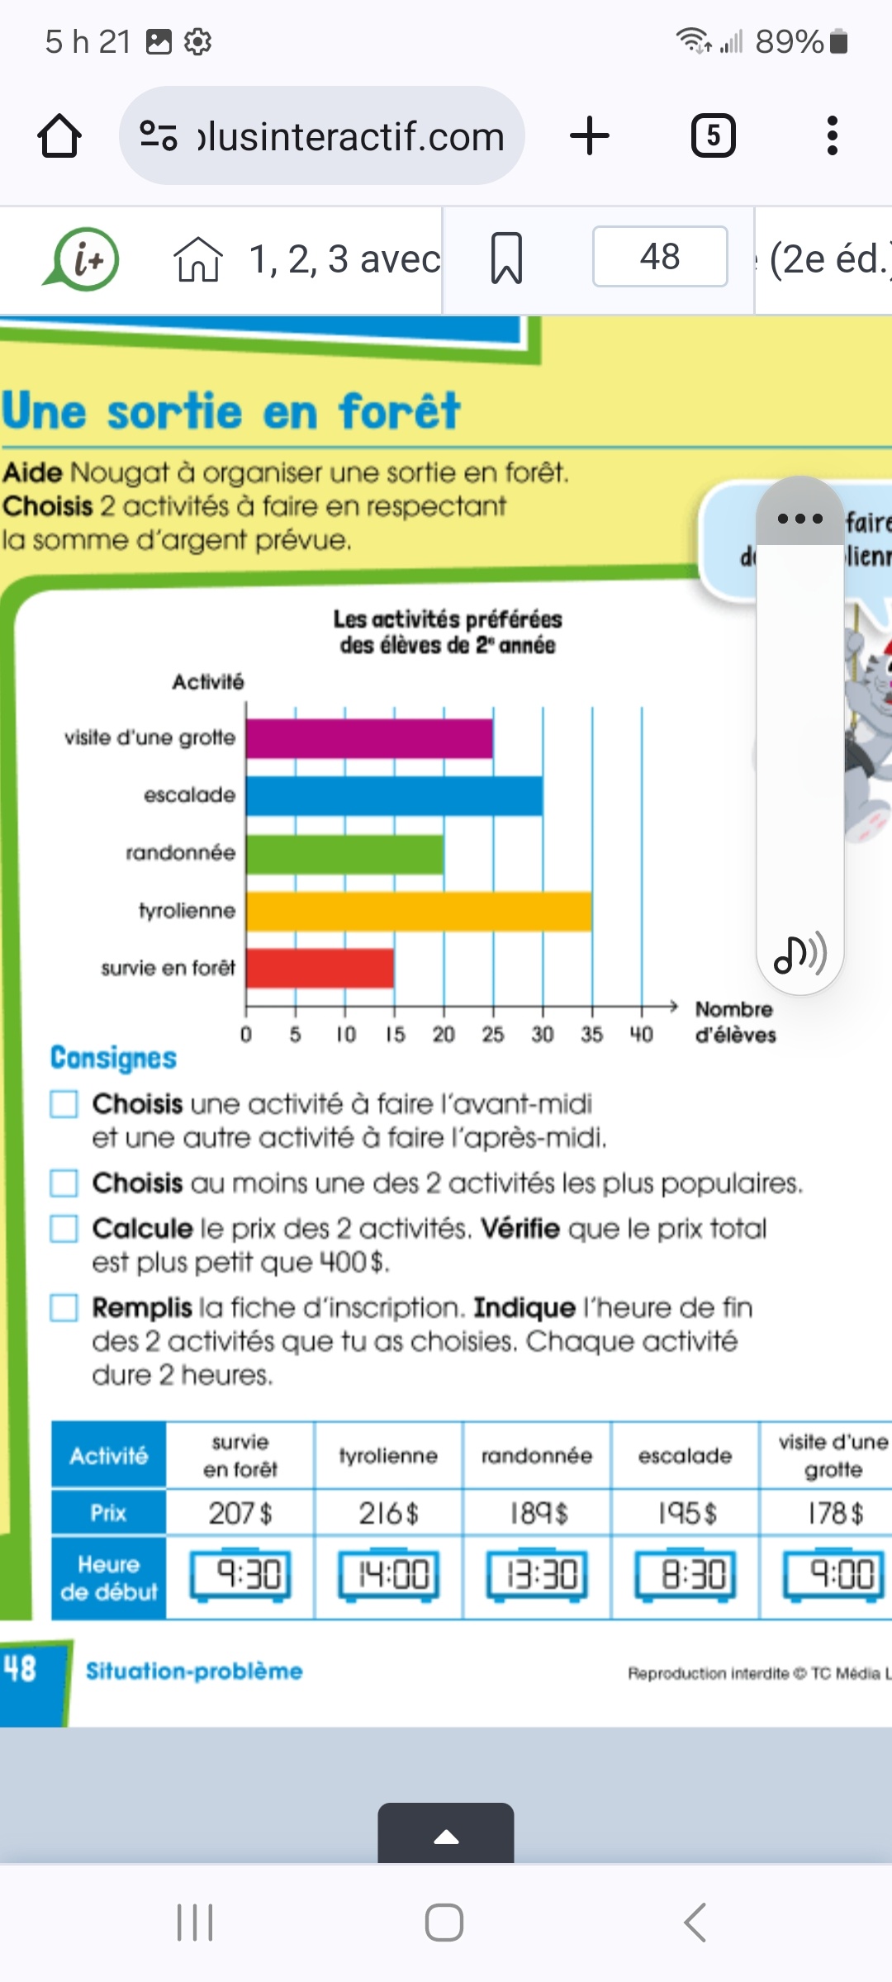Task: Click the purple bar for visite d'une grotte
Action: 369,738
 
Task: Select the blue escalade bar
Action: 394,796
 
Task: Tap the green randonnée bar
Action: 344,854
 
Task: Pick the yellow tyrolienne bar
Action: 419,912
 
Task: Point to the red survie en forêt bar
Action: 320,968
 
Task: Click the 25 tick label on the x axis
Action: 493,1035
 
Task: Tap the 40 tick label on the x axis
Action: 641,1035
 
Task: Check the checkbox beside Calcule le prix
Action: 64,1229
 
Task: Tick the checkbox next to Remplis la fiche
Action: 64,1308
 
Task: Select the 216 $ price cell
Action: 388,1513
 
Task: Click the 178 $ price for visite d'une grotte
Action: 834,1513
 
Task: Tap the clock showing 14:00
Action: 388,1575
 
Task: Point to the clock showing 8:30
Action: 685,1575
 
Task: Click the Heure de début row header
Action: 109,1577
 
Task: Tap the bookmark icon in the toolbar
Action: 506,258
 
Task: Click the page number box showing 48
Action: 660,257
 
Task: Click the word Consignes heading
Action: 114,1058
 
